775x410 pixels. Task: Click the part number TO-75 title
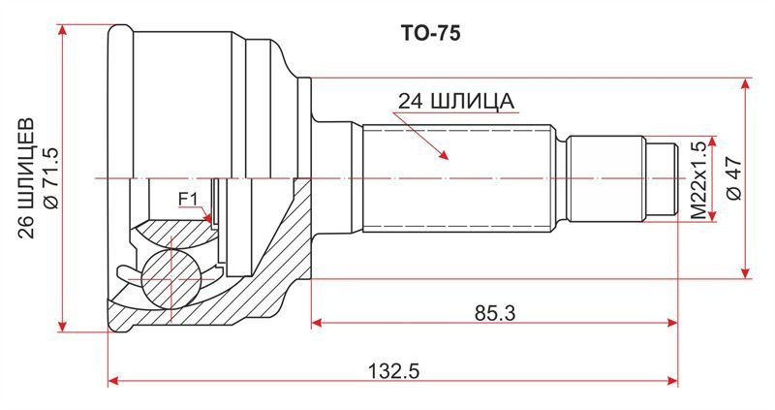point(429,33)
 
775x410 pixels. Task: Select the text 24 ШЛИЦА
point(456,102)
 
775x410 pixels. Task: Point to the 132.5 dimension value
point(394,371)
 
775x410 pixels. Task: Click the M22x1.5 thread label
point(697,180)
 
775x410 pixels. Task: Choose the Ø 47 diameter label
point(734,178)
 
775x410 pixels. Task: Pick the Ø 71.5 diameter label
point(51,178)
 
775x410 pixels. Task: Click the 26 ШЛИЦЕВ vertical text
point(27,178)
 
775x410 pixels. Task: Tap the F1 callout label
point(188,200)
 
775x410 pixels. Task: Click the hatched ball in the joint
point(170,279)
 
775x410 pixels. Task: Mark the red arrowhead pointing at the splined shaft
point(443,154)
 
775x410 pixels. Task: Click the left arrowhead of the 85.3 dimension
point(318,323)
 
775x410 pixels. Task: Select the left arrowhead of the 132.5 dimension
point(113,381)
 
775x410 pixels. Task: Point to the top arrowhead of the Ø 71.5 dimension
point(62,31)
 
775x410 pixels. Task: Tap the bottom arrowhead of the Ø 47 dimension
point(746,272)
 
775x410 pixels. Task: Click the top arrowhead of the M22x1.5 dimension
point(712,142)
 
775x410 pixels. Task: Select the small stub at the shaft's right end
point(661,178)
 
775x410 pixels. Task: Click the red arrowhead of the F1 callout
point(208,218)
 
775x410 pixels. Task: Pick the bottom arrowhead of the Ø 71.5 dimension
point(62,326)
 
